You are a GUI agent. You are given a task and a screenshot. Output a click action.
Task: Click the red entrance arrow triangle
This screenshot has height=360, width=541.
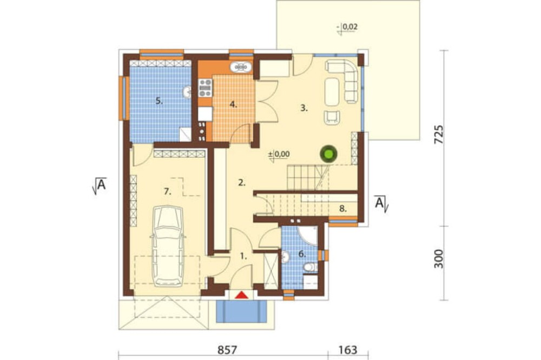(242, 295)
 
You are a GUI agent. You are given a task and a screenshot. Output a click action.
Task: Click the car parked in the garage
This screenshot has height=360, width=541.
(168, 246)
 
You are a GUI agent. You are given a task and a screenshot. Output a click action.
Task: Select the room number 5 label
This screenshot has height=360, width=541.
(159, 101)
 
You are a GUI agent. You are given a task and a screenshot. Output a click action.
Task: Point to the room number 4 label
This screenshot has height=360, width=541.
(234, 104)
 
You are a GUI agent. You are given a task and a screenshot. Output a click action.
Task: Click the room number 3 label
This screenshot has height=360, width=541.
(304, 108)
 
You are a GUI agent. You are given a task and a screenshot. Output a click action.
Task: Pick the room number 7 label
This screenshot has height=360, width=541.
(167, 191)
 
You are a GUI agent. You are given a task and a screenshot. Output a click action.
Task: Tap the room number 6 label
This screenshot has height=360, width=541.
(302, 255)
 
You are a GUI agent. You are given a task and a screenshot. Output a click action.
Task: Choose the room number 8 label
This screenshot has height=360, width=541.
(342, 209)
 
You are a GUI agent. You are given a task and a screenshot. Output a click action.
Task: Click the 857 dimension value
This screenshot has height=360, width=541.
(227, 350)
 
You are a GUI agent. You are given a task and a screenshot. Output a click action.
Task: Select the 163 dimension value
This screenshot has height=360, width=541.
(347, 350)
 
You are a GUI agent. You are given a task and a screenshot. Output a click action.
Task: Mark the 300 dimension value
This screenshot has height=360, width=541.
(438, 258)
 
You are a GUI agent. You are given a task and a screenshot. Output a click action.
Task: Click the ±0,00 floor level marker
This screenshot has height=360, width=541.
(279, 155)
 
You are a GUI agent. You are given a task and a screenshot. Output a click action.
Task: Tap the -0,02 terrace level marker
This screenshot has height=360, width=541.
(347, 27)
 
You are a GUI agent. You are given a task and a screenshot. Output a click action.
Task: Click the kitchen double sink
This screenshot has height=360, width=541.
(241, 66)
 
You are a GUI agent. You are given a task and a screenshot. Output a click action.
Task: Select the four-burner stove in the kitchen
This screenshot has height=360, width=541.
(205, 88)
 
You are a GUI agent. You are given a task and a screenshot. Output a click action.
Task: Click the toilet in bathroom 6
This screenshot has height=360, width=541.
(311, 267)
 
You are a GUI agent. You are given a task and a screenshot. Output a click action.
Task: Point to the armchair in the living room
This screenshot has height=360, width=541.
(332, 117)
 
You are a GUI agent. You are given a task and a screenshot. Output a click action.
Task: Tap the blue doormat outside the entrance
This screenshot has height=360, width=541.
(242, 312)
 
